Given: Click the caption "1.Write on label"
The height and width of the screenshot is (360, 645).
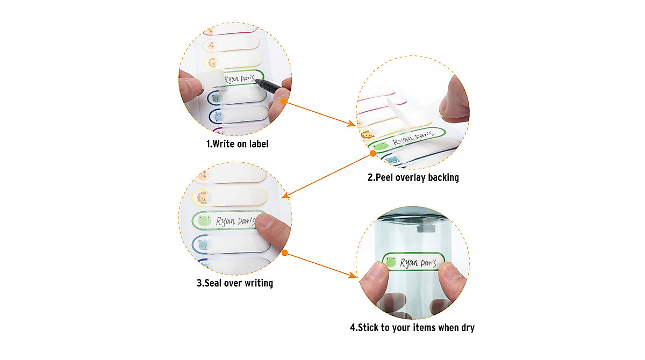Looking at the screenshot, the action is pos(237,143).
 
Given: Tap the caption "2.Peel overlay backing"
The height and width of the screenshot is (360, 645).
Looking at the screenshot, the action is pos(413,177).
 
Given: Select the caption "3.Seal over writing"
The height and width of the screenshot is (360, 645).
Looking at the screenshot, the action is pos(235,283).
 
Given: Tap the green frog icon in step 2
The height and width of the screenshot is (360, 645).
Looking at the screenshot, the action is pos(381,147).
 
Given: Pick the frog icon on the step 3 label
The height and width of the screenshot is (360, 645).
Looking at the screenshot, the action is pos(204,221).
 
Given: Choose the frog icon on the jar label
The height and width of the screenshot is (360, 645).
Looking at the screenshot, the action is pos(391,262).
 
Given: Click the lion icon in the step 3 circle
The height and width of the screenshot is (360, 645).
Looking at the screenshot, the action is pos(203,198).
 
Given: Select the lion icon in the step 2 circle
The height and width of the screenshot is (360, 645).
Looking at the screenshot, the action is pos(368,134).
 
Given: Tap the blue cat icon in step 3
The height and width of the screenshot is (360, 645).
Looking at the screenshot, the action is pos(203,245).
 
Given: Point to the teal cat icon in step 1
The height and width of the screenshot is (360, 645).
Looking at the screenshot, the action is pos(216,98).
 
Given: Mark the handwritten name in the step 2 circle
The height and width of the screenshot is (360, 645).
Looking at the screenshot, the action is pos(413,138).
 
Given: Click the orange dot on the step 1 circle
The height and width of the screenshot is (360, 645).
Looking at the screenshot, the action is pos(284,102).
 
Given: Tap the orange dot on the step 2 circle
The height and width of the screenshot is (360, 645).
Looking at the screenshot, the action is pos(373,154).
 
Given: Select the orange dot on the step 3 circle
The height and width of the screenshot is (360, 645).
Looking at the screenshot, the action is pos(285,253).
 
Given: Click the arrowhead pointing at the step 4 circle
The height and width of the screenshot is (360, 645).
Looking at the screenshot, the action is pos(353,276).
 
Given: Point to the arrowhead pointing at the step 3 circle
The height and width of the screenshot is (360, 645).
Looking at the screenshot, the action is pos(285,196).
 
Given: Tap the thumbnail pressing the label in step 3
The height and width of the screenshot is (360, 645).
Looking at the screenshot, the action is pos(264,221).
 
